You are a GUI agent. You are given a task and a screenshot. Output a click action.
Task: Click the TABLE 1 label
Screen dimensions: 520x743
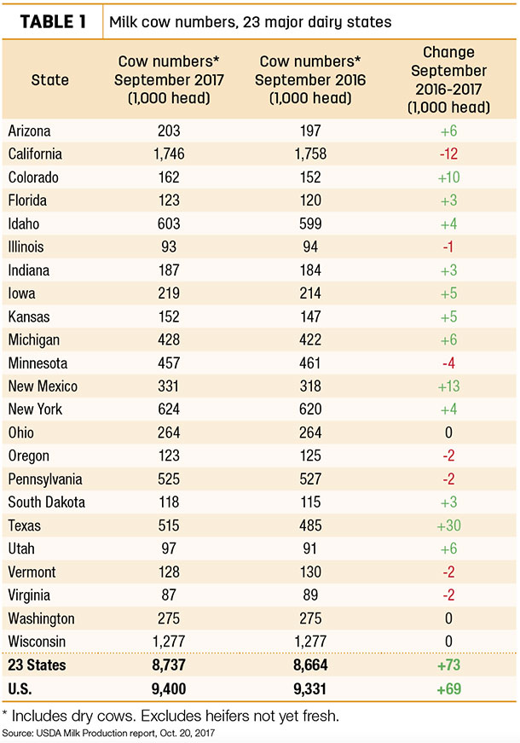[x=53, y=22]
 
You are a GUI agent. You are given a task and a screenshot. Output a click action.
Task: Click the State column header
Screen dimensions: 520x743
[x=49, y=79]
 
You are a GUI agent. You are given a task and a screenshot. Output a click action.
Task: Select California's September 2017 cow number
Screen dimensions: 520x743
[x=169, y=154]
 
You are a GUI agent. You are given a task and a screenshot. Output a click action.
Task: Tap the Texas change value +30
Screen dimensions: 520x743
[x=449, y=525]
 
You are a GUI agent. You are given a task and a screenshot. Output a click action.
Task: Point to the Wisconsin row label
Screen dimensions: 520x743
[x=37, y=641]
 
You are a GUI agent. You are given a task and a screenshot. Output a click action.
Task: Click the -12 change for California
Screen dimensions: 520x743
[x=448, y=154]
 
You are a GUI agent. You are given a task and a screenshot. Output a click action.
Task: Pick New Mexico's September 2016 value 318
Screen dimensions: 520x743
[x=310, y=386]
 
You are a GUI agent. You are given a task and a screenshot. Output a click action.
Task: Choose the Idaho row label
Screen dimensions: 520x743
[x=24, y=223]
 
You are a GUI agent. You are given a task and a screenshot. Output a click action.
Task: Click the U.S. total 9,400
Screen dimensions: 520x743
[x=169, y=688]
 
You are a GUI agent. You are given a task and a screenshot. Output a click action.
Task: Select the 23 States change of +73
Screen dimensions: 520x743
[x=449, y=665]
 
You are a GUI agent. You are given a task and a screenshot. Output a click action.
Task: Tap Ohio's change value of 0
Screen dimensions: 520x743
[x=448, y=432]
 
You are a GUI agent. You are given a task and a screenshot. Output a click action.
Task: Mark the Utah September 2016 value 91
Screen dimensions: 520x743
[x=309, y=549]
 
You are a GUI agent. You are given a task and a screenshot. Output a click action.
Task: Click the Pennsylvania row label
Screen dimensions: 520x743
[x=45, y=479]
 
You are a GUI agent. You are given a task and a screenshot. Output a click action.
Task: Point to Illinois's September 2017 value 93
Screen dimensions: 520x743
[x=169, y=247]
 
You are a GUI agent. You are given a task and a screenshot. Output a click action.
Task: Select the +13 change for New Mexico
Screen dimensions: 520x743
[x=449, y=386]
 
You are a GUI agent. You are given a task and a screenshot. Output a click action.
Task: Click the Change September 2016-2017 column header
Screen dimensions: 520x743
[x=448, y=79]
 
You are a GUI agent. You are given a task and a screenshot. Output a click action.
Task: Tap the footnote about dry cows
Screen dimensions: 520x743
[x=170, y=716]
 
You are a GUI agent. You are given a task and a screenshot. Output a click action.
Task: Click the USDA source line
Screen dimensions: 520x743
[x=108, y=734]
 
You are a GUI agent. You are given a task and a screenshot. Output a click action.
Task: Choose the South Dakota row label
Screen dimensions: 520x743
[x=46, y=502]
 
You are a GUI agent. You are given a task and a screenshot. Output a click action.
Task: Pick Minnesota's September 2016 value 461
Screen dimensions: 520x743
[x=309, y=363]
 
